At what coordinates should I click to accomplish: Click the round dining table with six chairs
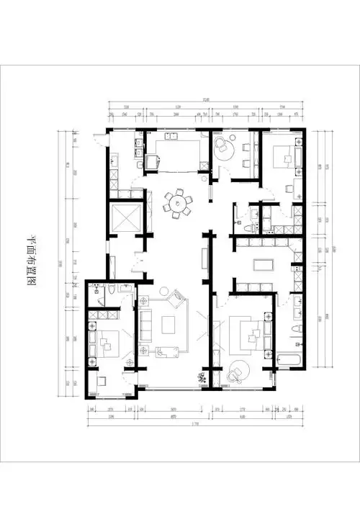pyautogui.click(x=176, y=202)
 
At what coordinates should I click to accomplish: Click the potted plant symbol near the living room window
pyautogui.click(x=202, y=377)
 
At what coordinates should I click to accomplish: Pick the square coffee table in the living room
pyautogui.click(x=170, y=325)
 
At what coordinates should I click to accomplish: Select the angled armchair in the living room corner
pyautogui.click(x=175, y=297)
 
